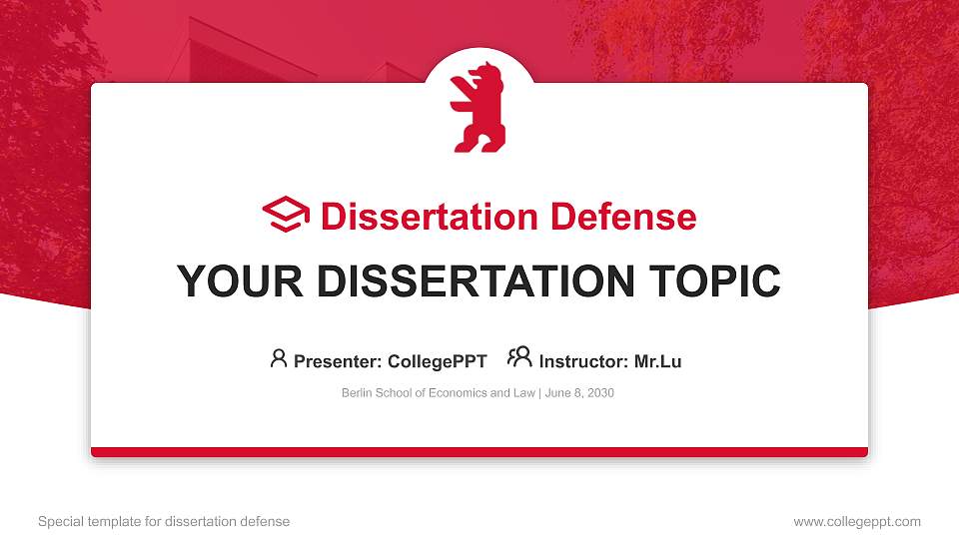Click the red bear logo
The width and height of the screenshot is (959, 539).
478,109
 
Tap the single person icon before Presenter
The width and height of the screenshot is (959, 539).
279,358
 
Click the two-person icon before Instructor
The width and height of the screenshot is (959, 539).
519,358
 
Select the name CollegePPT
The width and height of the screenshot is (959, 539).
439,361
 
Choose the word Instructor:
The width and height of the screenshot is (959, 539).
583,361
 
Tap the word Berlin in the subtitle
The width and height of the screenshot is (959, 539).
357,393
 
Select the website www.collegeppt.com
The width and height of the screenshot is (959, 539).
856,521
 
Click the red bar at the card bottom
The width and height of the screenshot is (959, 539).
479,452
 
